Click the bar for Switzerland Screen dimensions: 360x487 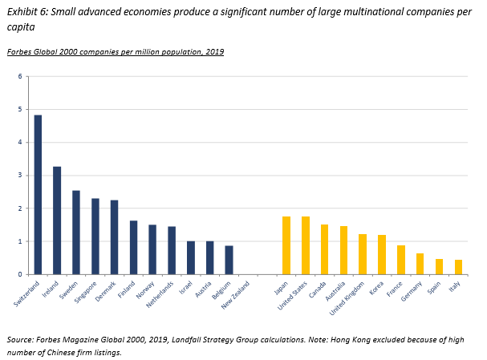pos(38,195)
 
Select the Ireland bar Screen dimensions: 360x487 pos(57,220)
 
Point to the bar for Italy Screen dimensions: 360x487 pos(457,267)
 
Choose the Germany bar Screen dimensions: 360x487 pos(420,264)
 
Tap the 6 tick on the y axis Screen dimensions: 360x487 pos(22,76)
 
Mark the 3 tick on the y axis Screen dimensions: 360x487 pos(22,175)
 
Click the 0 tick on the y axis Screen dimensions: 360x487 pos(22,274)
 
